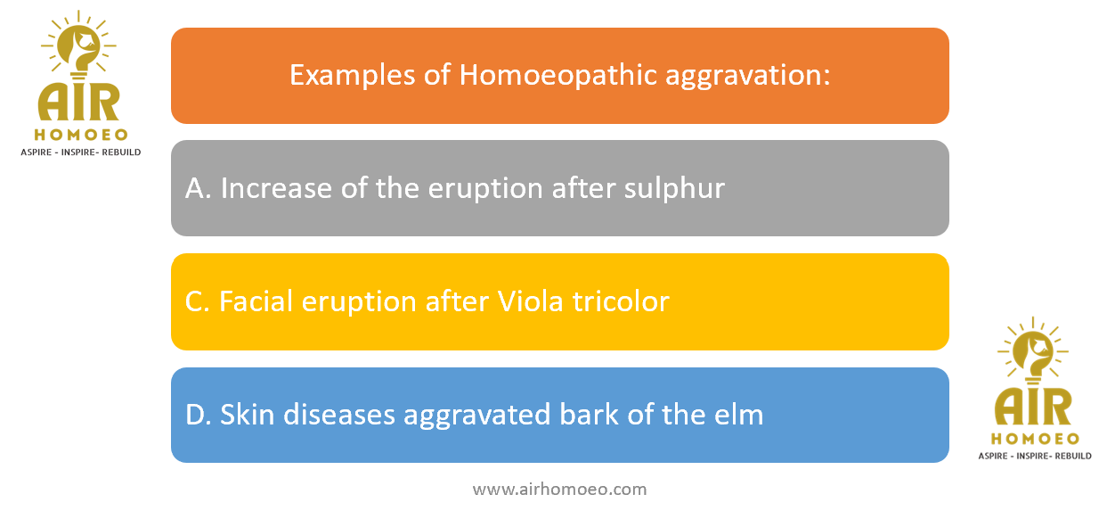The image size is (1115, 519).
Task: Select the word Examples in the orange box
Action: [x=352, y=76]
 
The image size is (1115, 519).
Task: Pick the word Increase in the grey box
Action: [x=276, y=188]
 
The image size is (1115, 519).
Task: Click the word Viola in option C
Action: [x=530, y=301]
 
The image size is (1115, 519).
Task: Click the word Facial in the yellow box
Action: [x=256, y=301]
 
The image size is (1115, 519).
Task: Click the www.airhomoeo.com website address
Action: [x=559, y=490]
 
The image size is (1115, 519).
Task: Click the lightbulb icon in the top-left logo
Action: [x=78, y=45]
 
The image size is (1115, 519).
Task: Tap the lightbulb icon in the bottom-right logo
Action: [x=1033, y=350]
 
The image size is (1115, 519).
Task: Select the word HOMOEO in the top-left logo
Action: [x=81, y=135]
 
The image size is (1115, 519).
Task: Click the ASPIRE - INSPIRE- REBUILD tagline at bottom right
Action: [x=1035, y=457]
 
